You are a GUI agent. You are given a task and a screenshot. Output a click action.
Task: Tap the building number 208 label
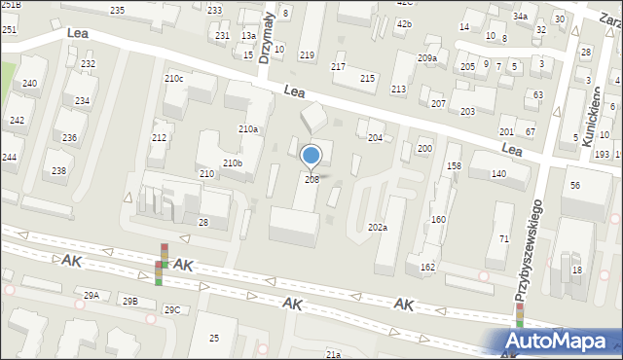[311, 179]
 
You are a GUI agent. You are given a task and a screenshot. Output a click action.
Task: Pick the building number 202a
[378, 227]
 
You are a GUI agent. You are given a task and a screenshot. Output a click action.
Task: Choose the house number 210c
[173, 78]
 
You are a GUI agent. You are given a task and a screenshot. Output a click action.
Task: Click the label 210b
[233, 162]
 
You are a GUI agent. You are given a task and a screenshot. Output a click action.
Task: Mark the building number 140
[498, 173]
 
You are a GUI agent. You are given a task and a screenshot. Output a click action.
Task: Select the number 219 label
[307, 55]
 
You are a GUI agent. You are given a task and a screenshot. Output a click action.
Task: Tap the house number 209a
[426, 58]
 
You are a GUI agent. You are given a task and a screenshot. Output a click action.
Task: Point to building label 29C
[171, 309]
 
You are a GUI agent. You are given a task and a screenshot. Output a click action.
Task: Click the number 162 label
[427, 267]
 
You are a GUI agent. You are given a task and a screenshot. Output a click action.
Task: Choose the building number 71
[504, 238]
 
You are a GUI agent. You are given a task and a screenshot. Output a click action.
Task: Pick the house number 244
[9, 157]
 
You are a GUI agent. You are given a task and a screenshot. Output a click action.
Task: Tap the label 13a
[248, 35]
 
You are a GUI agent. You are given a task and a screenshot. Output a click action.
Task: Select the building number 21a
[333, 355]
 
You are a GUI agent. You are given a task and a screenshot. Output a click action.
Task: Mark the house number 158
[454, 166]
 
